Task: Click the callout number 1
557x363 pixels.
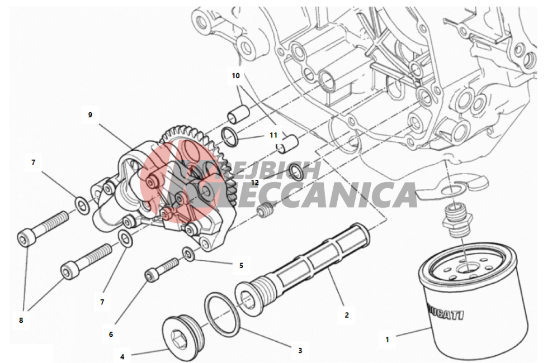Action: click(386, 338)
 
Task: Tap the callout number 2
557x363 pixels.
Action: click(347, 315)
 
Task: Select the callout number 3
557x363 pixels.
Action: click(300, 351)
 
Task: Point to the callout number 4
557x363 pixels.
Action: click(122, 356)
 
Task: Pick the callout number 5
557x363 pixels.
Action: click(241, 265)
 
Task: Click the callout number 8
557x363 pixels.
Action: click(21, 321)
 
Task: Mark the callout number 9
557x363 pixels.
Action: click(89, 114)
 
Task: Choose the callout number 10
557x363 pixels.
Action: click(235, 75)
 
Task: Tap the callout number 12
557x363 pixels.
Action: click(254, 182)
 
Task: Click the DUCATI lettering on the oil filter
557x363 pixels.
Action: click(446, 311)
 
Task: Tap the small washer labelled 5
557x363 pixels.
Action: click(190, 255)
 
